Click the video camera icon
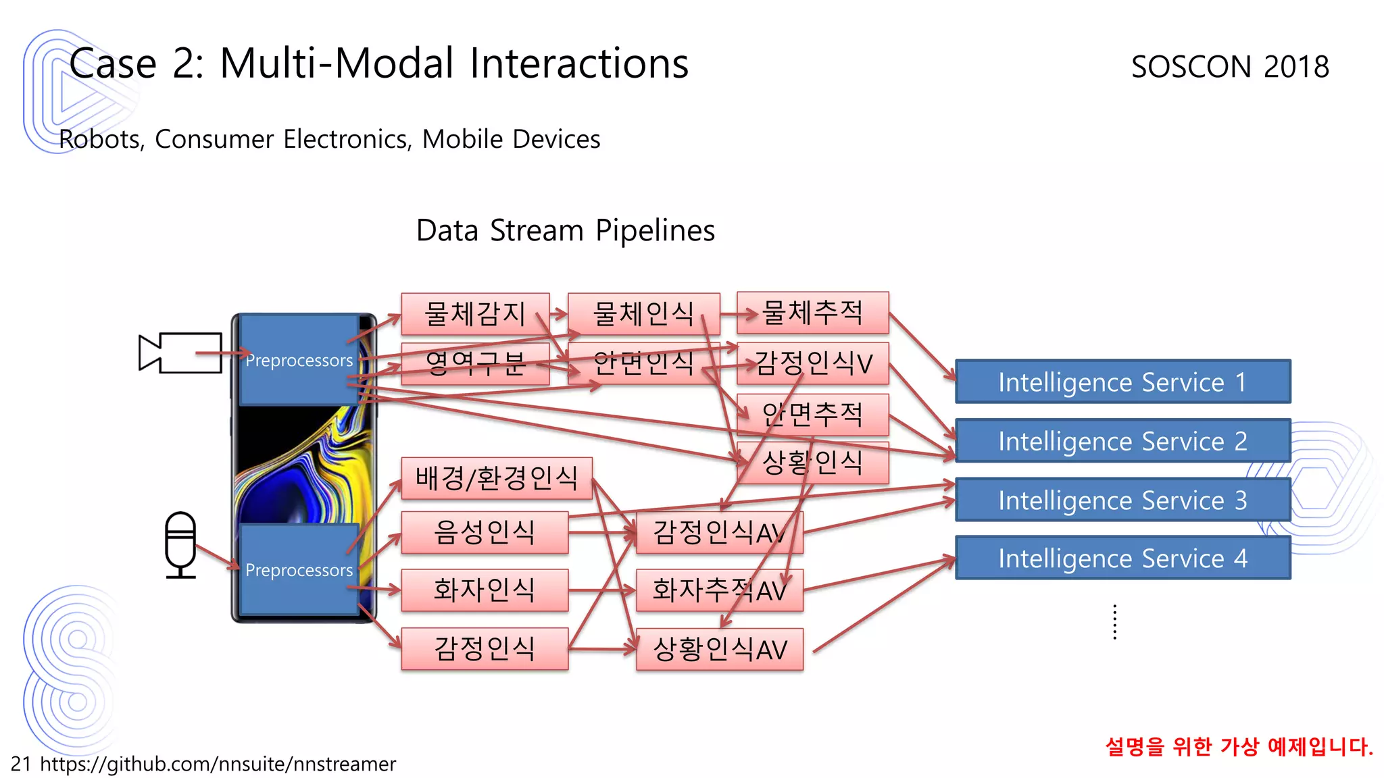pos(180,353)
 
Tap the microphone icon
pos(180,544)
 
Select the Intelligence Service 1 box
pos(1122,382)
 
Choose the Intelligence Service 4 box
pos(1122,558)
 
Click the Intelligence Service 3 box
pos(1122,500)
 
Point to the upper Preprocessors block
pos(298,360)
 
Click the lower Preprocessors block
pos(298,569)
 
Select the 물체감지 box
pos(474,313)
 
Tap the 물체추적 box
pos(812,313)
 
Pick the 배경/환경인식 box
pos(496,478)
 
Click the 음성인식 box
pos(484,532)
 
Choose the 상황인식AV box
pos(719,650)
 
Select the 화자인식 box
pos(484,590)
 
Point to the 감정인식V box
pos(812,363)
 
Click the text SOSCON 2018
pos(1230,66)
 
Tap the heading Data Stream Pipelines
pos(565,230)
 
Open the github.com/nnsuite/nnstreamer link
pos(218,764)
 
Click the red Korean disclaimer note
pos(1239,746)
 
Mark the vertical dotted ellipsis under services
pos(1114,622)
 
